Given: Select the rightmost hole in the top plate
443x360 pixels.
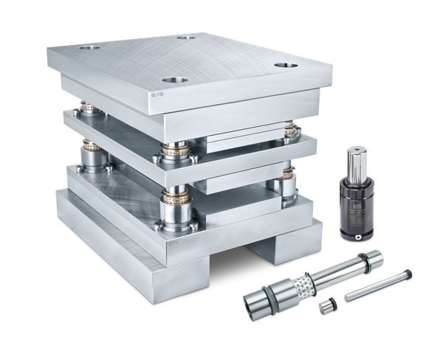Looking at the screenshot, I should tap(285, 65).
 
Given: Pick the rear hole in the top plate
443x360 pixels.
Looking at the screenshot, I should tap(186, 37).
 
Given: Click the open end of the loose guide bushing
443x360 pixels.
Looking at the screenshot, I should tap(255, 303).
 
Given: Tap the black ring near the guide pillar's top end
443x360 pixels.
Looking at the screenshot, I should tap(363, 259).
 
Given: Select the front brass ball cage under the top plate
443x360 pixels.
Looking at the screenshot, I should tap(176, 150).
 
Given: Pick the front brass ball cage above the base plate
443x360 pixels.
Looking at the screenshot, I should tap(176, 199).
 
